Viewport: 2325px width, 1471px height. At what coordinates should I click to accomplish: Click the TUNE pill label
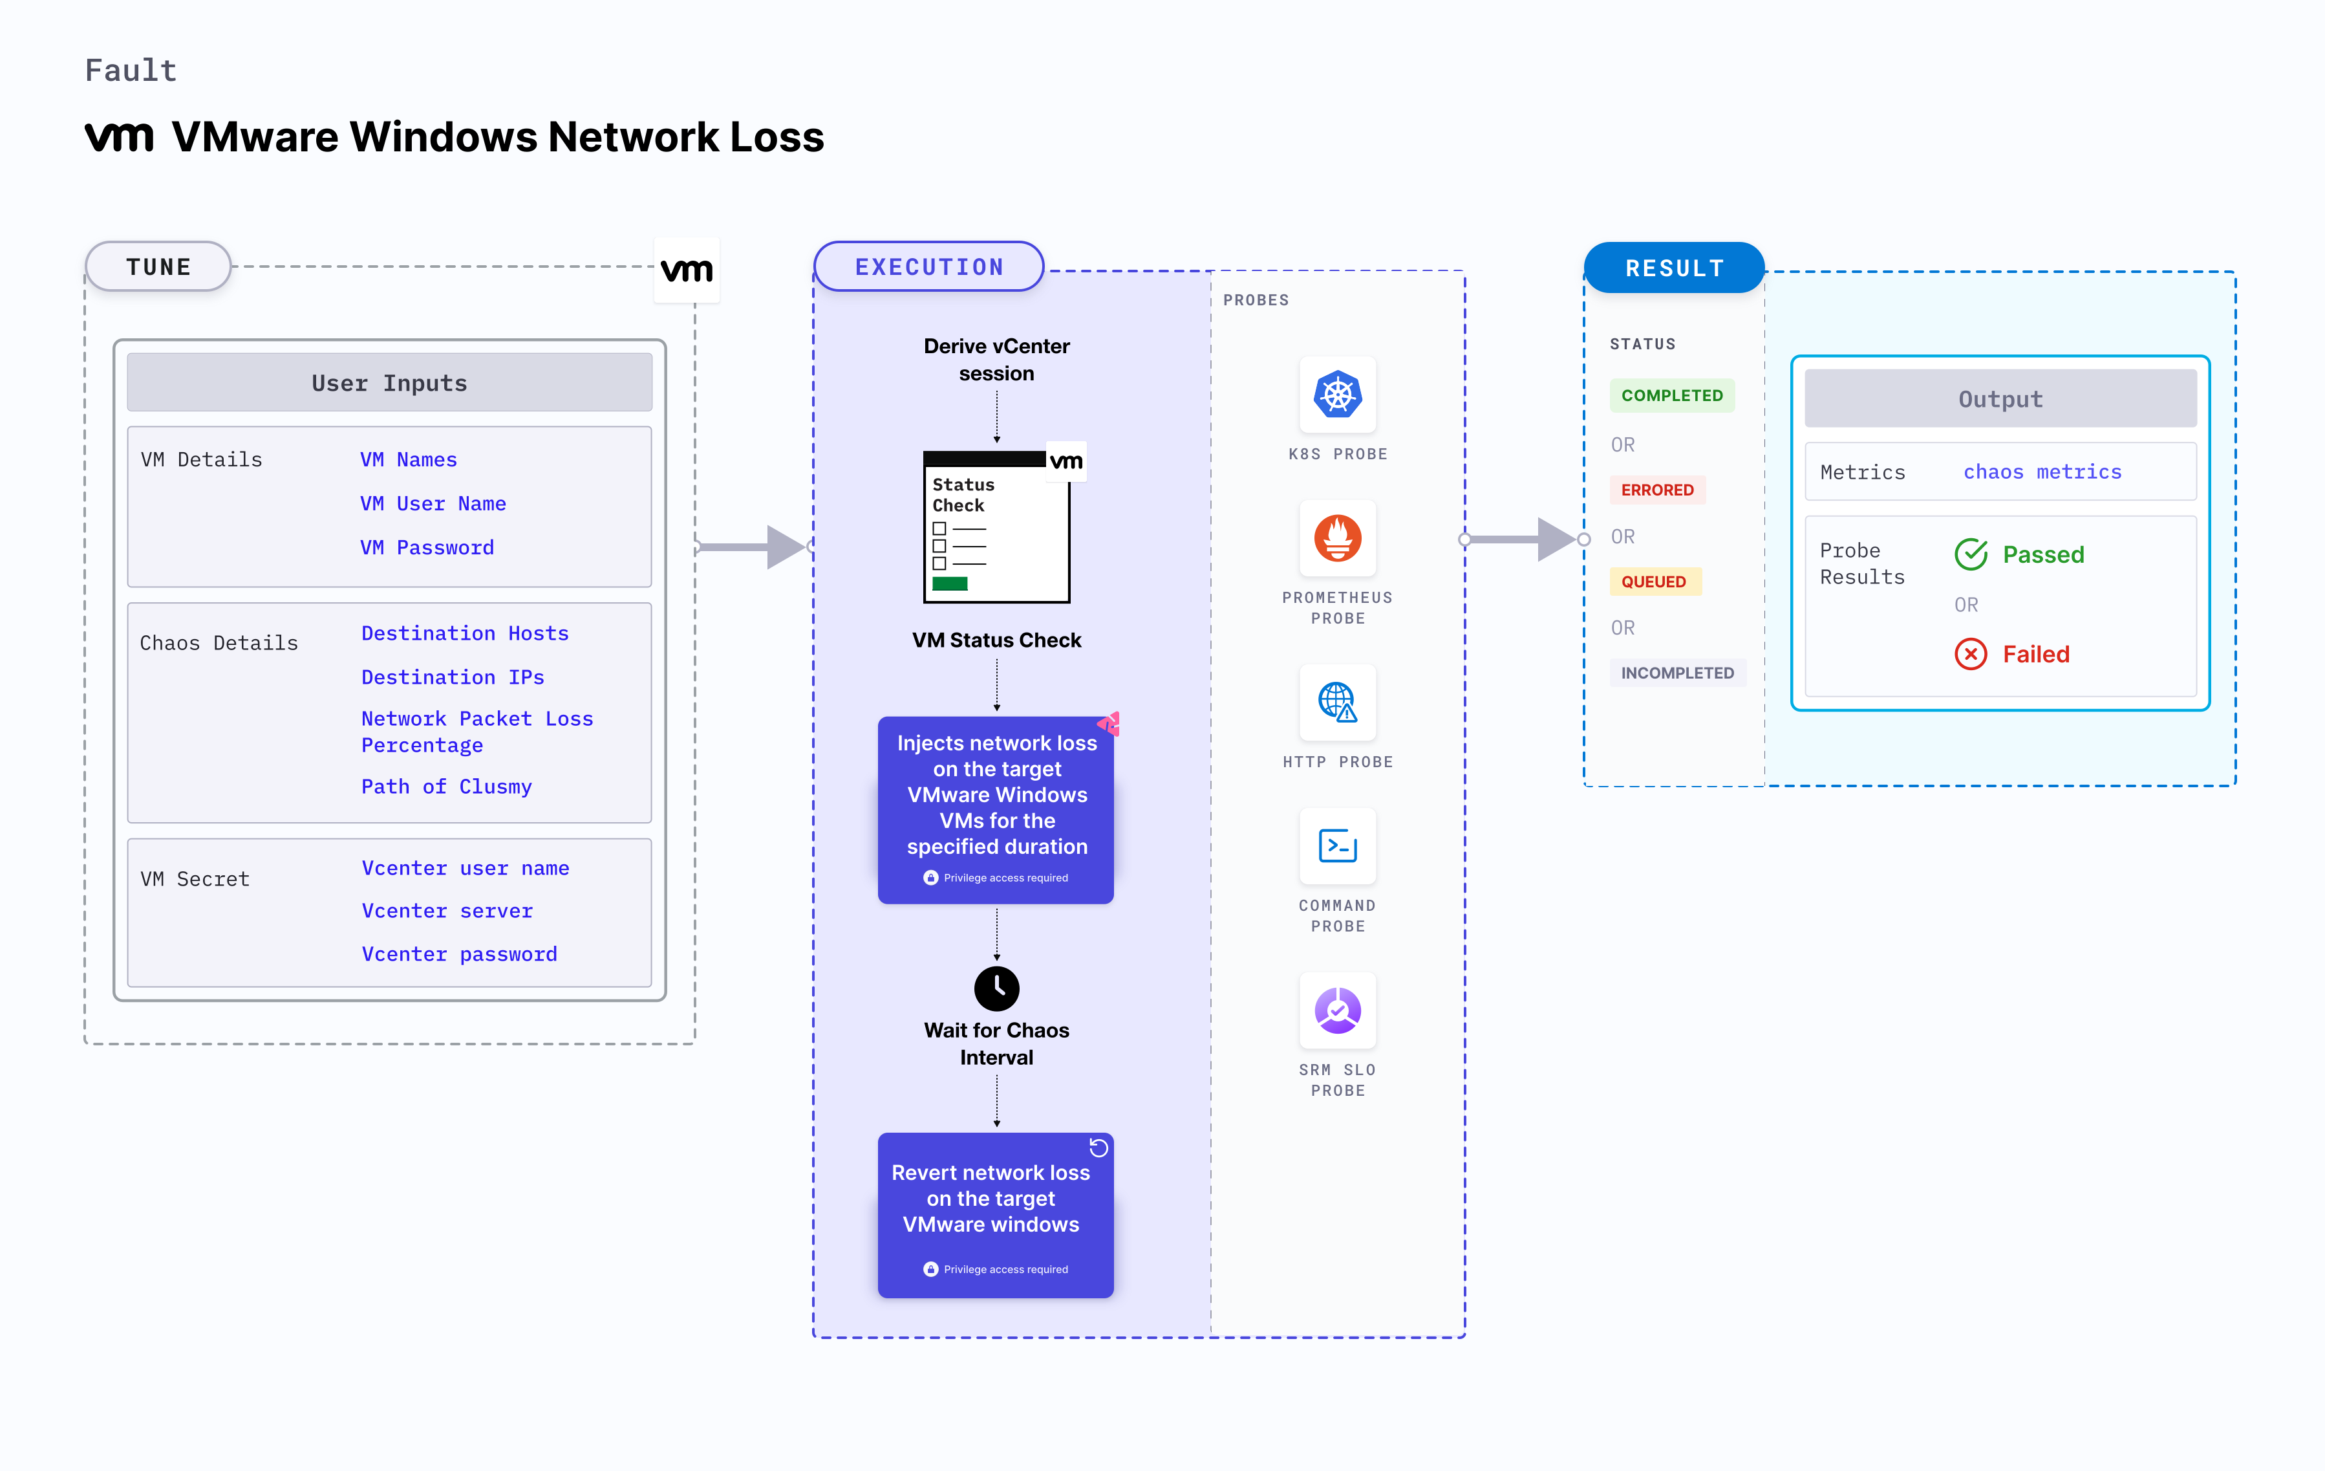pos(158,267)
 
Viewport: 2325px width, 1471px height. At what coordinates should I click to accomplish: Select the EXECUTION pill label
pos(929,267)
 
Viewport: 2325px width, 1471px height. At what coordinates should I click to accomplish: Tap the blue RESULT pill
pos(1674,268)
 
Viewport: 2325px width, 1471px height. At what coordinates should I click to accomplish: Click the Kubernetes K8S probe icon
pos(1337,394)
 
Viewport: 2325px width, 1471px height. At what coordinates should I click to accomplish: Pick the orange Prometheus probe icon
pos(1337,538)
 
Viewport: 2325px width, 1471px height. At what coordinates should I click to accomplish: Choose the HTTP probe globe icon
pos(1337,702)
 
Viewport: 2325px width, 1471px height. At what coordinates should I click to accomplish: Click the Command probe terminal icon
pos(1337,846)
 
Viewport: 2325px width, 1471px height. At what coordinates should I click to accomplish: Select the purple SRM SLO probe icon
pos(1337,1010)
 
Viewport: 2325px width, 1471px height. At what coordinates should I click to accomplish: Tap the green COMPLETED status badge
pos(1671,395)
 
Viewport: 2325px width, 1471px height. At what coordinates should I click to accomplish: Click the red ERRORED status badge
pos(1657,490)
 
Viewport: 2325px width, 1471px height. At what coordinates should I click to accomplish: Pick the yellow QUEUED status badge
pos(1653,582)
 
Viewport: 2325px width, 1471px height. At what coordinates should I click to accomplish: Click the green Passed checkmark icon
pos(1971,554)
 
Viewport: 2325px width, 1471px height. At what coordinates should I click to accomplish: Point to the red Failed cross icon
pos(1971,654)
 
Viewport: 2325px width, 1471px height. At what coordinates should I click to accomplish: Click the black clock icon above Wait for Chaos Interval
pos(996,988)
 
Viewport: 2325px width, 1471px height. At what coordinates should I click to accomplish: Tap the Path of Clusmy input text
pos(446,786)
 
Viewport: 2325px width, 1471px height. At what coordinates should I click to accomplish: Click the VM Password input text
pos(427,548)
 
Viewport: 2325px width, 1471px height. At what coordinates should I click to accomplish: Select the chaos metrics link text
pos(2042,472)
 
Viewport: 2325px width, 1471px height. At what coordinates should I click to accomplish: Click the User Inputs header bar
pos(389,382)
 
